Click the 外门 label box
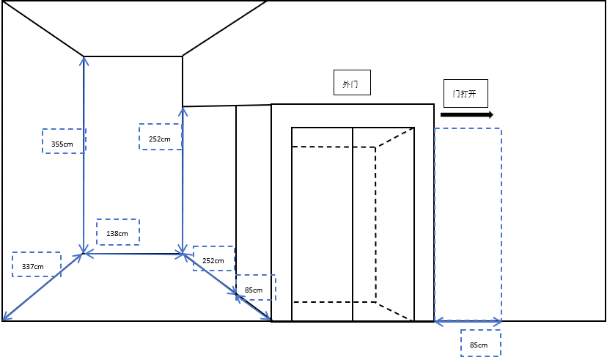(x=351, y=83)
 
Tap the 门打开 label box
(x=464, y=94)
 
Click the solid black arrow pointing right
(x=466, y=115)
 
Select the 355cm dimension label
(x=64, y=142)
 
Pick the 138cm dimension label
(x=117, y=232)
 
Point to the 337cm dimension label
(x=36, y=265)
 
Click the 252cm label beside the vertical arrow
(x=160, y=137)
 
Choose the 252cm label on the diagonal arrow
(x=213, y=259)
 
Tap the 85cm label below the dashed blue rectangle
(x=480, y=343)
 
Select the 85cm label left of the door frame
(x=255, y=288)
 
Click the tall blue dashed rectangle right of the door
(x=468, y=224)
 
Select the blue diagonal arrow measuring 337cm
(x=42, y=287)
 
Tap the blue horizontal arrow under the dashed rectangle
(x=468, y=321)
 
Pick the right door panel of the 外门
(x=383, y=220)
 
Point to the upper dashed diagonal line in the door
(x=394, y=138)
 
